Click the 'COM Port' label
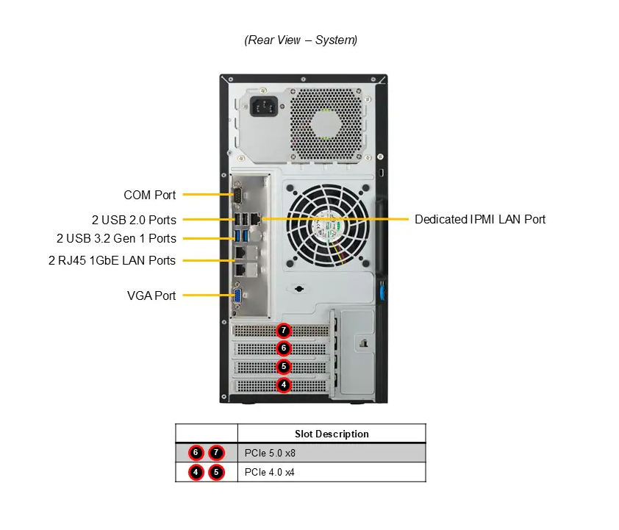pyautogui.click(x=150, y=195)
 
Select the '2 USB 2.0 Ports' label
pyautogui.click(x=135, y=219)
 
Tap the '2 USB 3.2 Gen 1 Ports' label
pyautogui.click(x=116, y=238)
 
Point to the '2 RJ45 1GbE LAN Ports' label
pyautogui.click(x=112, y=260)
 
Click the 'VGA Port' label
pyautogui.click(x=151, y=296)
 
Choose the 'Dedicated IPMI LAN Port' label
pyautogui.click(x=480, y=219)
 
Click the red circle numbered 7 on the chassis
pyautogui.click(x=284, y=331)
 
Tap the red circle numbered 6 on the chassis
pyautogui.click(x=284, y=348)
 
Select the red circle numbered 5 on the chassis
pyautogui.click(x=284, y=366)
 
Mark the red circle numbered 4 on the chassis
pyautogui.click(x=284, y=384)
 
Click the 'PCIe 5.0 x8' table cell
pyautogui.click(x=270, y=453)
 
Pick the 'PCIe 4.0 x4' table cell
pyautogui.click(x=270, y=473)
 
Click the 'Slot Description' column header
pyautogui.click(x=332, y=434)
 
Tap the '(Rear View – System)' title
pyautogui.click(x=301, y=40)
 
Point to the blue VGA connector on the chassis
pyautogui.click(x=238, y=296)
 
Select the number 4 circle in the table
pyautogui.click(x=196, y=473)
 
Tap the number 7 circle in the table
pyautogui.click(x=216, y=453)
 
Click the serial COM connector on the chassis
pyautogui.click(x=238, y=196)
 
